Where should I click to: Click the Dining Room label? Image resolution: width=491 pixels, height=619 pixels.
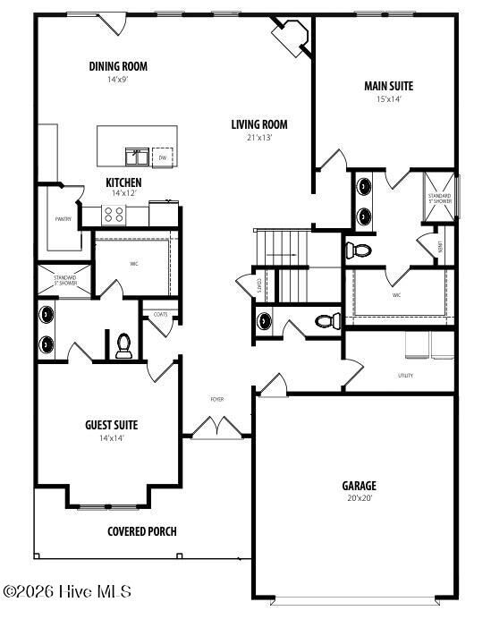tap(118, 66)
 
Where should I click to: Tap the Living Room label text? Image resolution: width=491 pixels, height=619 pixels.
tap(259, 125)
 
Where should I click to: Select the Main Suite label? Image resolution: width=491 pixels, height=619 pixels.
tap(388, 87)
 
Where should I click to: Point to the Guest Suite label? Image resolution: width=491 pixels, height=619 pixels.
tap(111, 426)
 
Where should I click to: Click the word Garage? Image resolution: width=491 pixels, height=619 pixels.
tap(359, 486)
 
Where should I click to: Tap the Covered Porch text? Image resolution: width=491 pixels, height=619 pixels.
tap(142, 531)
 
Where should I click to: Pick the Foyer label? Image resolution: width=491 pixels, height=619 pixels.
tap(217, 399)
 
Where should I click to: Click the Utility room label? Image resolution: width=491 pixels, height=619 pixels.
tap(405, 376)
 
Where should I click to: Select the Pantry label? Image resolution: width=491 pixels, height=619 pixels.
tap(63, 219)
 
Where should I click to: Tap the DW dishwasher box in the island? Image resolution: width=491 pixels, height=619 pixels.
tap(163, 157)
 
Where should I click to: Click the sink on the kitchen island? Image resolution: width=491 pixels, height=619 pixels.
tap(137, 157)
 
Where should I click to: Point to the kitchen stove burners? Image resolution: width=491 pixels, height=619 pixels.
tap(114, 214)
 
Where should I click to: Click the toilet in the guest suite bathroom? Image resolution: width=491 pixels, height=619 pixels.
tap(123, 345)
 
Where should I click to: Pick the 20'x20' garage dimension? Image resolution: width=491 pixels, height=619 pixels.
tap(359, 498)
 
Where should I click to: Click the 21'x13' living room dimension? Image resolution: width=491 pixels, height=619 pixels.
tap(259, 138)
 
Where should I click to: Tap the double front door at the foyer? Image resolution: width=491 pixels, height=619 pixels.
tap(216, 429)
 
